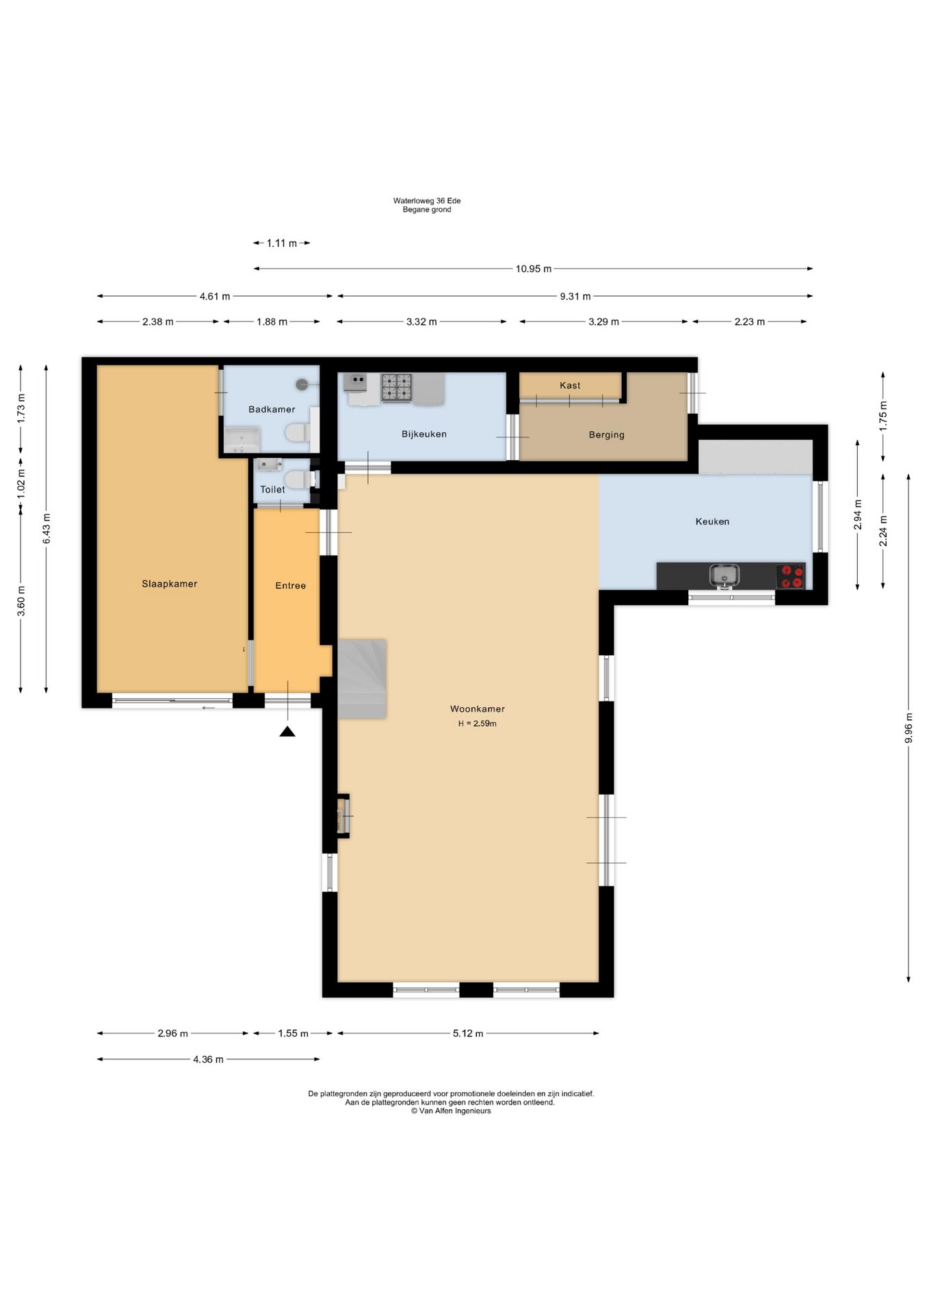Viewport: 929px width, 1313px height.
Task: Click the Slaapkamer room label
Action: tap(169, 584)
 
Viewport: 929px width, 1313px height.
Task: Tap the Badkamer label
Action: tap(272, 410)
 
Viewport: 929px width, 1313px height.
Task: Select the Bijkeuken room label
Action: tap(424, 434)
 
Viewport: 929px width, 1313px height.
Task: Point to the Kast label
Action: tap(570, 386)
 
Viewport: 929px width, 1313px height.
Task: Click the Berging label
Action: tap(606, 435)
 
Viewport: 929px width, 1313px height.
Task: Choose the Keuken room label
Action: tap(712, 522)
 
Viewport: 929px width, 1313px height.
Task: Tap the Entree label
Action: tap(290, 586)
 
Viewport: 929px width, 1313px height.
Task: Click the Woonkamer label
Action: tap(477, 709)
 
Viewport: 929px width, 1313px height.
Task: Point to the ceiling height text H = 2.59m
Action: tap(477, 724)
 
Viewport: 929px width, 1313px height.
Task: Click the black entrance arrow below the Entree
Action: tap(287, 732)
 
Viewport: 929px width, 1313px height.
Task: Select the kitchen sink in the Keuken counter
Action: tap(724, 576)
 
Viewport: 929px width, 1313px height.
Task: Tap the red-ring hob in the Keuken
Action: tap(790, 576)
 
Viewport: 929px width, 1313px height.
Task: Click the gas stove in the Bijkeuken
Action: tap(397, 387)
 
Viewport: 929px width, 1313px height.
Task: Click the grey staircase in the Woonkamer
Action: tap(362, 679)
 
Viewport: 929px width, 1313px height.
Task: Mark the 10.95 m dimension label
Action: tap(534, 269)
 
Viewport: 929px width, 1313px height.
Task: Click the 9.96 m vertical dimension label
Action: tap(908, 728)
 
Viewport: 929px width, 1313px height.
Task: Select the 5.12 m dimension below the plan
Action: tap(468, 1033)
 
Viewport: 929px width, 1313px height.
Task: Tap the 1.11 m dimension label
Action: tap(282, 243)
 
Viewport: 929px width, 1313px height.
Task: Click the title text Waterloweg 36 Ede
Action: tap(427, 201)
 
